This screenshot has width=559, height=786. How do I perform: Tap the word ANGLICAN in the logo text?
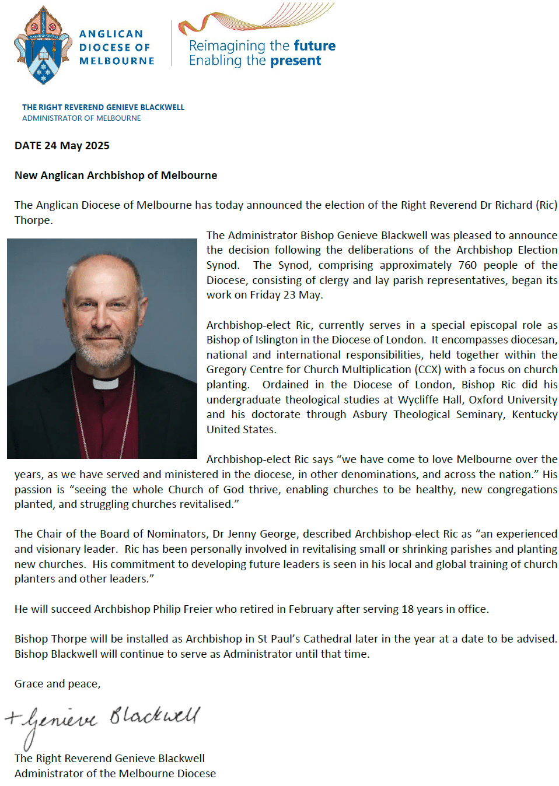pos(111,34)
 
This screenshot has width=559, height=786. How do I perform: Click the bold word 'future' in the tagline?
pos(315,45)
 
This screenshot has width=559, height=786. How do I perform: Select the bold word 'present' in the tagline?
pos(295,61)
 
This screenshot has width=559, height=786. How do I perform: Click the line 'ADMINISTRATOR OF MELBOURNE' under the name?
pos(82,118)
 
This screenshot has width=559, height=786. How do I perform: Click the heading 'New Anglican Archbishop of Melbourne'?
pos(116,176)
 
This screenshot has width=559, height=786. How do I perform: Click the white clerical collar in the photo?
pos(106,384)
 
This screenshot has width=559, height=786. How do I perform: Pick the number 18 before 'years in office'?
pos(407,609)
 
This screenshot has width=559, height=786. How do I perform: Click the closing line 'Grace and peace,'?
pos(57,684)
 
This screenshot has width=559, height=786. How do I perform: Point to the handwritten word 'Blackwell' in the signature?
pos(155,716)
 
